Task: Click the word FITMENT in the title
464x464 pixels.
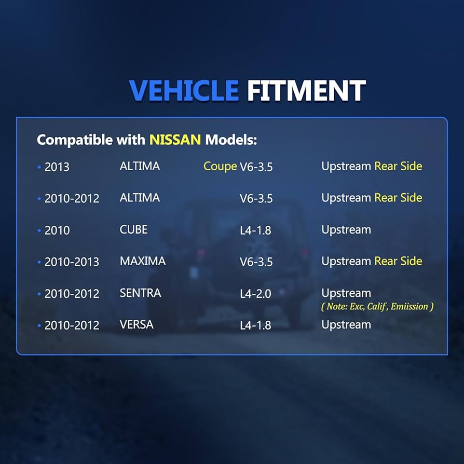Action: coord(306,90)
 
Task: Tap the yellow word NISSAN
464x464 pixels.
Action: coord(175,140)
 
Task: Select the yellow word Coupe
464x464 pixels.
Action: coord(220,167)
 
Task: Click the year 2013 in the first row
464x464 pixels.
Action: coord(57,167)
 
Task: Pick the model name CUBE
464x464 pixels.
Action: coord(133,229)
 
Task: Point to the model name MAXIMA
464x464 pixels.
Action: coord(143,261)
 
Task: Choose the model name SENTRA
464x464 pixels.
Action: coord(140,293)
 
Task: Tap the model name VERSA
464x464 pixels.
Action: coord(137,324)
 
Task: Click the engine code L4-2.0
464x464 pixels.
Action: coord(255,294)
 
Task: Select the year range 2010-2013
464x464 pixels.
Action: coord(72,262)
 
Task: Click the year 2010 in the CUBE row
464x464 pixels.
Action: coord(57,230)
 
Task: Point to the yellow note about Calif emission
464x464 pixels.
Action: coord(377,306)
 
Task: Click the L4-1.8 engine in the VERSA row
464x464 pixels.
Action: coord(255,325)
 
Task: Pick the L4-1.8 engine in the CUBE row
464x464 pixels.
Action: coord(255,230)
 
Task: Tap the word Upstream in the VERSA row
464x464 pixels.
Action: coord(346,324)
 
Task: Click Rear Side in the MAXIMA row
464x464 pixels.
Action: coord(398,261)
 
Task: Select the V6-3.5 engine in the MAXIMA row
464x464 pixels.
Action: coord(256,262)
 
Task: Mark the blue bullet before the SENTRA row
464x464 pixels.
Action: coord(39,294)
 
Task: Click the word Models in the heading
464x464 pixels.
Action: coord(231,140)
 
